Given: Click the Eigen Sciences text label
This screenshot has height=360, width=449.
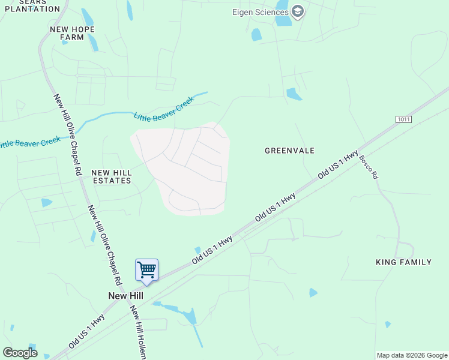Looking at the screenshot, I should (260, 12).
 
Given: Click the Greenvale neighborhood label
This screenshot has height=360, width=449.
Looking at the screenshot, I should (290, 151).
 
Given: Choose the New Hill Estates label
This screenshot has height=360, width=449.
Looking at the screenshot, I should (111, 176).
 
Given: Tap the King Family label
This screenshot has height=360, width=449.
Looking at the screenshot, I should (403, 262).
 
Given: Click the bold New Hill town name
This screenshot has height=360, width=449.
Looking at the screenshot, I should (125, 296).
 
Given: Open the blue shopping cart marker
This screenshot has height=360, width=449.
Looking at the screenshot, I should (147, 271).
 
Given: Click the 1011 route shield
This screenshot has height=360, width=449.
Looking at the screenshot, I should (404, 119).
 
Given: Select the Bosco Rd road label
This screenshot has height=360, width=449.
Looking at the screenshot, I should (369, 167).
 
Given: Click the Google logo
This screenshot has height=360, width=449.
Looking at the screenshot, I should (20, 353).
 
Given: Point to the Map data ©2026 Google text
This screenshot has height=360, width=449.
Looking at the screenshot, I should (412, 355).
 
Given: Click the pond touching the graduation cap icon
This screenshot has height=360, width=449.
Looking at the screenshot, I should (283, 20).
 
